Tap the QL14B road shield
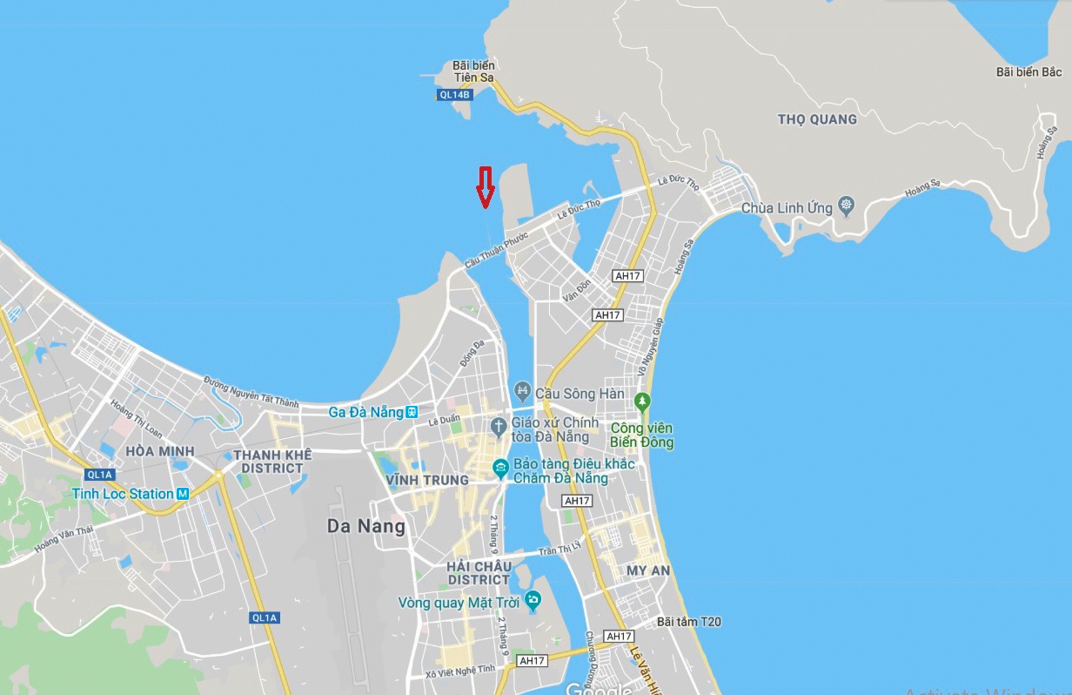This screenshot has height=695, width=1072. point(454,94)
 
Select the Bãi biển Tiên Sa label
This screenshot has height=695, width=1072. point(473,71)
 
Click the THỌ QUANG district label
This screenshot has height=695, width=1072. point(817,119)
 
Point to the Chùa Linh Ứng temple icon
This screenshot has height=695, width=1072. point(847,207)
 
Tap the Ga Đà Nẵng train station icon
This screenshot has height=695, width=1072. point(412,411)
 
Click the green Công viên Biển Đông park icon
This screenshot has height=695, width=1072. point(642,402)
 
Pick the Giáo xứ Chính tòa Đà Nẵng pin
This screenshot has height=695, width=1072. point(498,427)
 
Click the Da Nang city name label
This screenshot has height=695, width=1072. point(366,526)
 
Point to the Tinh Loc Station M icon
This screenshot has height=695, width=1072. point(183,494)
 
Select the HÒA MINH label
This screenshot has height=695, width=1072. point(160,451)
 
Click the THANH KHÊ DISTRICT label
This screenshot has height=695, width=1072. point(268,461)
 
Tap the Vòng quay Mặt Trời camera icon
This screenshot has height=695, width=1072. point(533,600)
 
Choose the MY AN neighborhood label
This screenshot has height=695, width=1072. point(648,570)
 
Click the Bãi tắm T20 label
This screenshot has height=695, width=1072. point(689,622)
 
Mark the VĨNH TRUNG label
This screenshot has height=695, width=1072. point(427,480)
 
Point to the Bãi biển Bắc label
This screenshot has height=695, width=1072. point(1028,71)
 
